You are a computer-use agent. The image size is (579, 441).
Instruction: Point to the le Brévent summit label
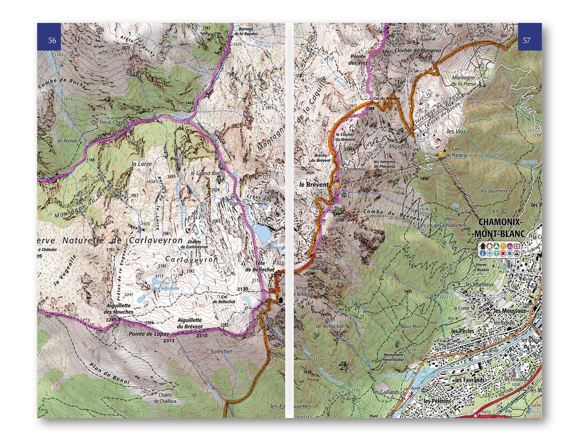click(x=314, y=184)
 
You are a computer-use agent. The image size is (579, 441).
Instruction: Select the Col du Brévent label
click(x=386, y=99)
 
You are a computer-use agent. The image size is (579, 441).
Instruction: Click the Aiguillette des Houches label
click(x=119, y=309)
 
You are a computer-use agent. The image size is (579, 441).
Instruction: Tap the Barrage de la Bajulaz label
click(x=246, y=31)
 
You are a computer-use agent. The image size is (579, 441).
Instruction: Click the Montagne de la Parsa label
click(x=463, y=80)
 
